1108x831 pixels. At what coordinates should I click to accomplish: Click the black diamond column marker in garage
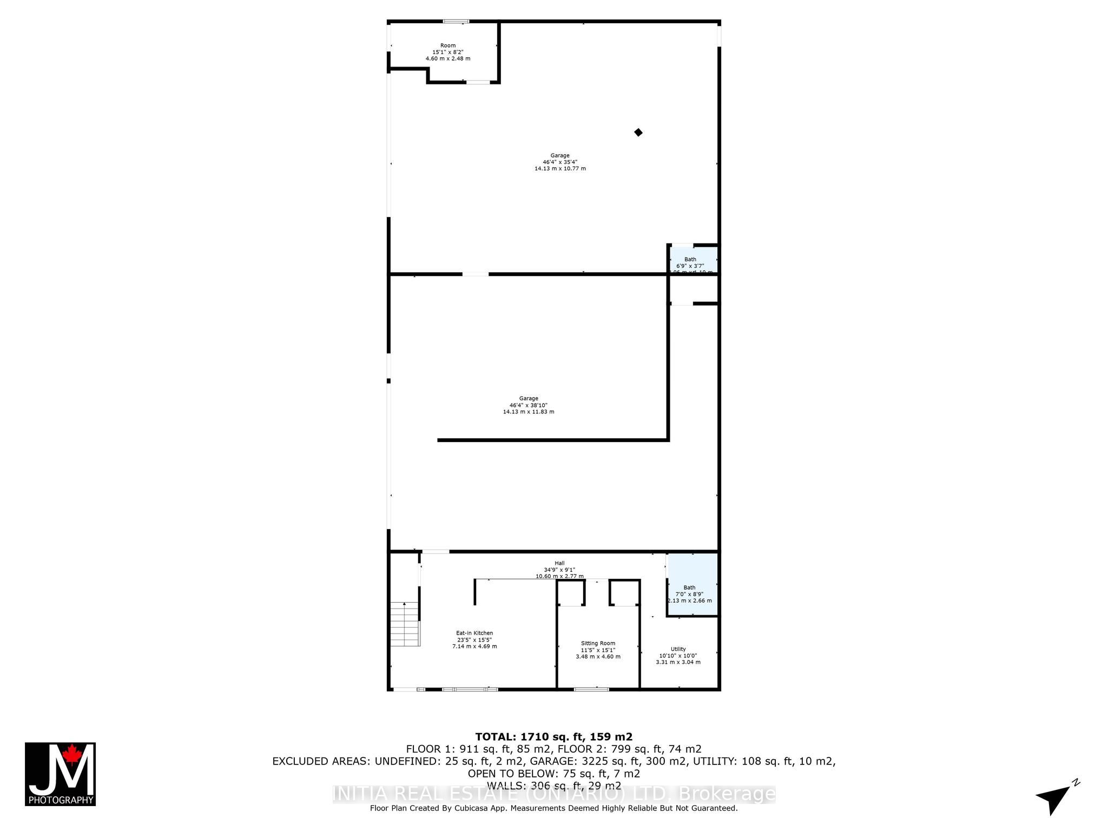pyautogui.click(x=638, y=133)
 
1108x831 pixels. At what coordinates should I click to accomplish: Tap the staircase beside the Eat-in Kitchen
pyautogui.click(x=405, y=624)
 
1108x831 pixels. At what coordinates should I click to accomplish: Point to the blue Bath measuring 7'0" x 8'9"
pyautogui.click(x=692, y=585)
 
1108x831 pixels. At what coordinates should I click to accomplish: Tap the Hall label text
pyautogui.click(x=559, y=563)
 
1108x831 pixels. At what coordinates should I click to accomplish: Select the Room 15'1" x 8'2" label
pyautogui.click(x=448, y=51)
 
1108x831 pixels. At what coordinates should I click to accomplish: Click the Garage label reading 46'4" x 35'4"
pyautogui.click(x=560, y=162)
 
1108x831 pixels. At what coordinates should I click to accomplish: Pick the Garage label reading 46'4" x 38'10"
pyautogui.click(x=529, y=405)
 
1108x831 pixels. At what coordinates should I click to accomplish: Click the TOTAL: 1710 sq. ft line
pyautogui.click(x=553, y=736)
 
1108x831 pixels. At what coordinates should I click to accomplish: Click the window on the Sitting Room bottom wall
pyautogui.click(x=591, y=689)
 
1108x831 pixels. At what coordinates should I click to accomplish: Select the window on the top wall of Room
pyautogui.click(x=456, y=22)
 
